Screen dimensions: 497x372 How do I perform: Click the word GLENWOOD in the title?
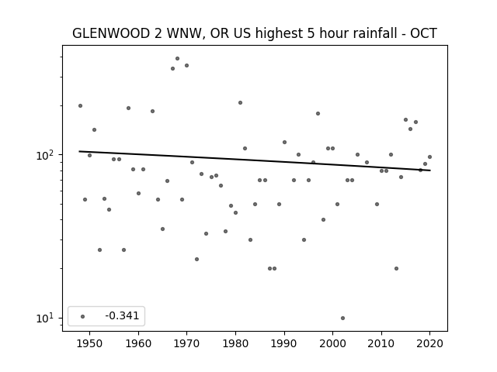(x=111, y=33)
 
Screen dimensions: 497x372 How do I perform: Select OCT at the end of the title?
(x=424, y=33)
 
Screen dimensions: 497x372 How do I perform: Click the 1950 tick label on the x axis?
(x=90, y=343)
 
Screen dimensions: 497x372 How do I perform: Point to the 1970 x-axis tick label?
(x=186, y=343)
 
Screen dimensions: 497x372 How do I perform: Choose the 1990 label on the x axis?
(x=284, y=343)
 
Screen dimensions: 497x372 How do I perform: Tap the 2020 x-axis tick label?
(x=429, y=343)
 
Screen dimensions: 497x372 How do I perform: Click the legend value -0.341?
(x=122, y=315)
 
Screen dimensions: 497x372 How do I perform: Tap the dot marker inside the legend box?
(x=83, y=316)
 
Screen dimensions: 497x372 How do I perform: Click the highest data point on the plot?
(x=178, y=59)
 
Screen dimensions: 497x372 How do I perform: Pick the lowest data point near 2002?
(x=342, y=319)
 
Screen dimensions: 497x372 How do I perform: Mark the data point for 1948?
(x=80, y=105)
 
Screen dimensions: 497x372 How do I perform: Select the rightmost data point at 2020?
(x=429, y=157)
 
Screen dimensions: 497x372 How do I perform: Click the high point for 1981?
(x=240, y=103)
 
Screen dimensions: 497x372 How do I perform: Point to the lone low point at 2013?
(x=396, y=269)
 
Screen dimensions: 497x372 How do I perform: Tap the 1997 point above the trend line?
(x=318, y=114)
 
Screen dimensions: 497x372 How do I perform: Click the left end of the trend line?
(x=79, y=151)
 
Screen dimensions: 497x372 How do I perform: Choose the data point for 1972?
(x=196, y=260)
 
